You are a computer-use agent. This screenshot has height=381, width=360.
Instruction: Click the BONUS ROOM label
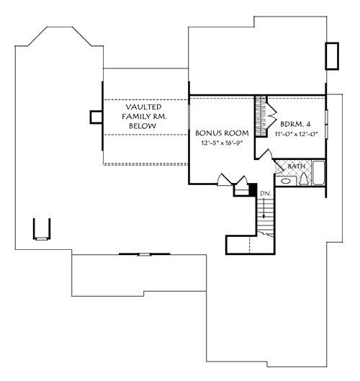click(x=222, y=133)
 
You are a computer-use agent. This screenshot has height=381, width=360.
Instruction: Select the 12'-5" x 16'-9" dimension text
click(x=222, y=144)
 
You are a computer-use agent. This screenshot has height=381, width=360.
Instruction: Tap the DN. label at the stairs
click(x=265, y=193)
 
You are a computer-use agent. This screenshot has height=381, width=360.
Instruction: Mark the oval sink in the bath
click(x=285, y=181)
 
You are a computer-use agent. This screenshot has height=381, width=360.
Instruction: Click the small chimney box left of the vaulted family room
click(x=95, y=117)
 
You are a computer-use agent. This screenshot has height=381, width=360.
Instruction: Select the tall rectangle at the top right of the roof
click(x=332, y=56)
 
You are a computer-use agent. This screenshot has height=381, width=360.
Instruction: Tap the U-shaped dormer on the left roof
click(x=42, y=229)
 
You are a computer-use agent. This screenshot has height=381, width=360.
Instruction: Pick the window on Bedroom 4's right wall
click(x=325, y=122)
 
